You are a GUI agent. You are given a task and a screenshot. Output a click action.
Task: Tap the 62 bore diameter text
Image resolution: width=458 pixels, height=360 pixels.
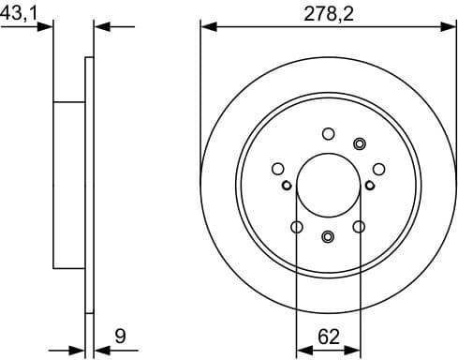tap(327, 335)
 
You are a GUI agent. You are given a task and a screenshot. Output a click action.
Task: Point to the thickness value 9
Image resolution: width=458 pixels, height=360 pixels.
tap(120, 335)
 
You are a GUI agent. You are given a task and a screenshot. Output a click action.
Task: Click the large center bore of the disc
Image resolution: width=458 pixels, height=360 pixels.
tap(328, 185)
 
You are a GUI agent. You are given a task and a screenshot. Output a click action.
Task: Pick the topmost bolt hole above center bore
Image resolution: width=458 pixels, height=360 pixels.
tap(328, 133)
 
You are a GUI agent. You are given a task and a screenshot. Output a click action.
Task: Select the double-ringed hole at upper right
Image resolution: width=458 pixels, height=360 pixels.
tap(360, 142)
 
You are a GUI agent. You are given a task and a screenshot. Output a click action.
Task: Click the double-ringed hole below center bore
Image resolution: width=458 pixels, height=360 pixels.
tap(328, 236)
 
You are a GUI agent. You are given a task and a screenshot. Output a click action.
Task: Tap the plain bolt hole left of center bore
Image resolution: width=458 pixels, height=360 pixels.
tap(277, 169)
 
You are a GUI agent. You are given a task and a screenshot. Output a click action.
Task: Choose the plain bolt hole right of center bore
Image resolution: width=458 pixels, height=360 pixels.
tap(378, 169)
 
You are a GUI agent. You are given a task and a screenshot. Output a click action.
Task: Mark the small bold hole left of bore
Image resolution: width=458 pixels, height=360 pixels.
tap(287, 185)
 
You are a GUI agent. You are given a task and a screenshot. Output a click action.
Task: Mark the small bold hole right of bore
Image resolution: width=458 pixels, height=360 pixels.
tap(369, 185)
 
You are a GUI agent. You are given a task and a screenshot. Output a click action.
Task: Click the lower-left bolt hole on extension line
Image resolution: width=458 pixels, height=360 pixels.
tap(297, 227)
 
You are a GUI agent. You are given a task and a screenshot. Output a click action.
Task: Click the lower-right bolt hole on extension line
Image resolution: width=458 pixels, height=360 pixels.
tap(359, 227)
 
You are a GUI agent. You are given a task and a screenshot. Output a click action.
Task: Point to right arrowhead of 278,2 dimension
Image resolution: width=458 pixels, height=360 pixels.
tap(449, 25)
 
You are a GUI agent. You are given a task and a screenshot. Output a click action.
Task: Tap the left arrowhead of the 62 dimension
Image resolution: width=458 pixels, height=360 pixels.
tap(302, 351)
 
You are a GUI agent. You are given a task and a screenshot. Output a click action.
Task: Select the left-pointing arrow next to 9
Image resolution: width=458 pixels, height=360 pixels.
tap(101, 351)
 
